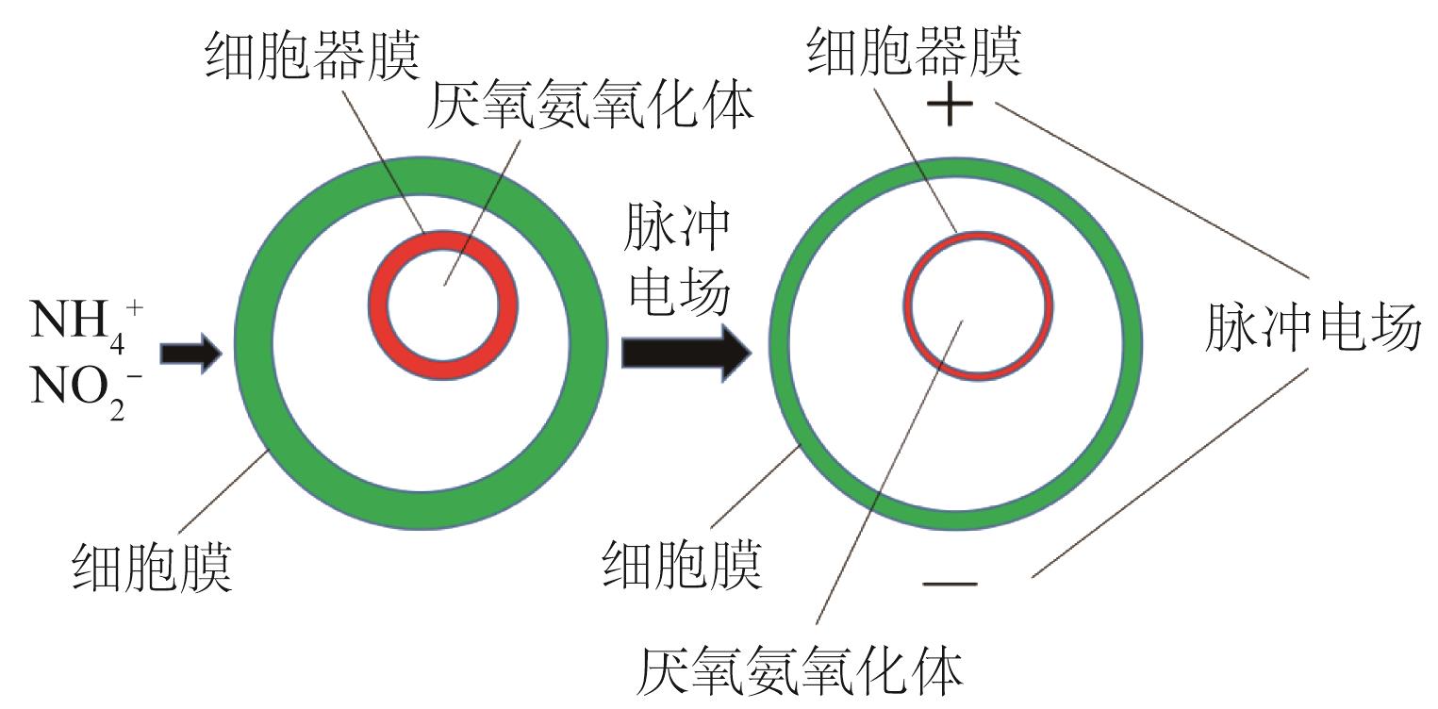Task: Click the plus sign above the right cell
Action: (950, 107)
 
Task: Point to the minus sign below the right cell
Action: (950, 584)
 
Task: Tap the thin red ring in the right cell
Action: (906, 306)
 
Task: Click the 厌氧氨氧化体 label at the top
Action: (591, 109)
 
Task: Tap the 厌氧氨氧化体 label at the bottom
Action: (801, 672)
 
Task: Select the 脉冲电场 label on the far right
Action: (1312, 328)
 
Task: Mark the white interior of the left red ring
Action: (442, 306)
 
